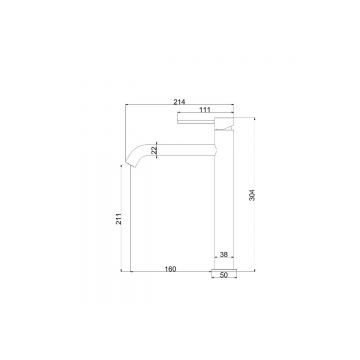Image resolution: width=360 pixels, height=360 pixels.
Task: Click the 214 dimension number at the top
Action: pyautogui.click(x=179, y=102)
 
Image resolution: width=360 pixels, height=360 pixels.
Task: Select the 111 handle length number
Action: pyautogui.click(x=205, y=110)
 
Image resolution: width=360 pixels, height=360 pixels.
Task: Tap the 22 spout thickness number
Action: pyautogui.click(x=154, y=150)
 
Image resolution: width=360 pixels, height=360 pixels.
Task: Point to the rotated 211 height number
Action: pyautogui.click(x=119, y=217)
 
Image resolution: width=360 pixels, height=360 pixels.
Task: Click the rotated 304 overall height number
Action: pyautogui.click(x=253, y=195)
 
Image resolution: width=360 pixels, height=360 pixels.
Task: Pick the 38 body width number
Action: pyautogui.click(x=224, y=255)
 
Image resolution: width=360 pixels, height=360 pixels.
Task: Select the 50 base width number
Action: pyautogui.click(x=224, y=275)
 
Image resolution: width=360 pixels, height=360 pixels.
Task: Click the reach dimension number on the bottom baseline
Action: pyautogui.click(x=170, y=269)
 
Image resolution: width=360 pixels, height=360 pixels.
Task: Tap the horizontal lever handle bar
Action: pyautogui.click(x=196, y=121)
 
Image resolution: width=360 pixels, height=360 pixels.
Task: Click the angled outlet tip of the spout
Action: pyautogui.click(x=129, y=164)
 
